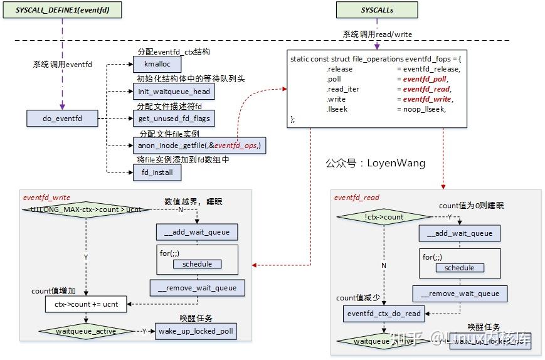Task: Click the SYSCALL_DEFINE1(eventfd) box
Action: tap(61, 10)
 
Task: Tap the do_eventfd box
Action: tap(62, 118)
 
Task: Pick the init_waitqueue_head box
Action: tap(174, 92)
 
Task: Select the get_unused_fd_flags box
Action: tap(174, 118)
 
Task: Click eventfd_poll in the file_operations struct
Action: tap(425, 79)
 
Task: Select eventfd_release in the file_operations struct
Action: tap(431, 69)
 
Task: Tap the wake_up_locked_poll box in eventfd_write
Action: tap(196, 331)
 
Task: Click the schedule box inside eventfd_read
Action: tap(459, 268)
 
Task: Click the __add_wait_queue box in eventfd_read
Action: tap(459, 233)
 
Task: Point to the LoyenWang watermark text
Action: tap(375, 163)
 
